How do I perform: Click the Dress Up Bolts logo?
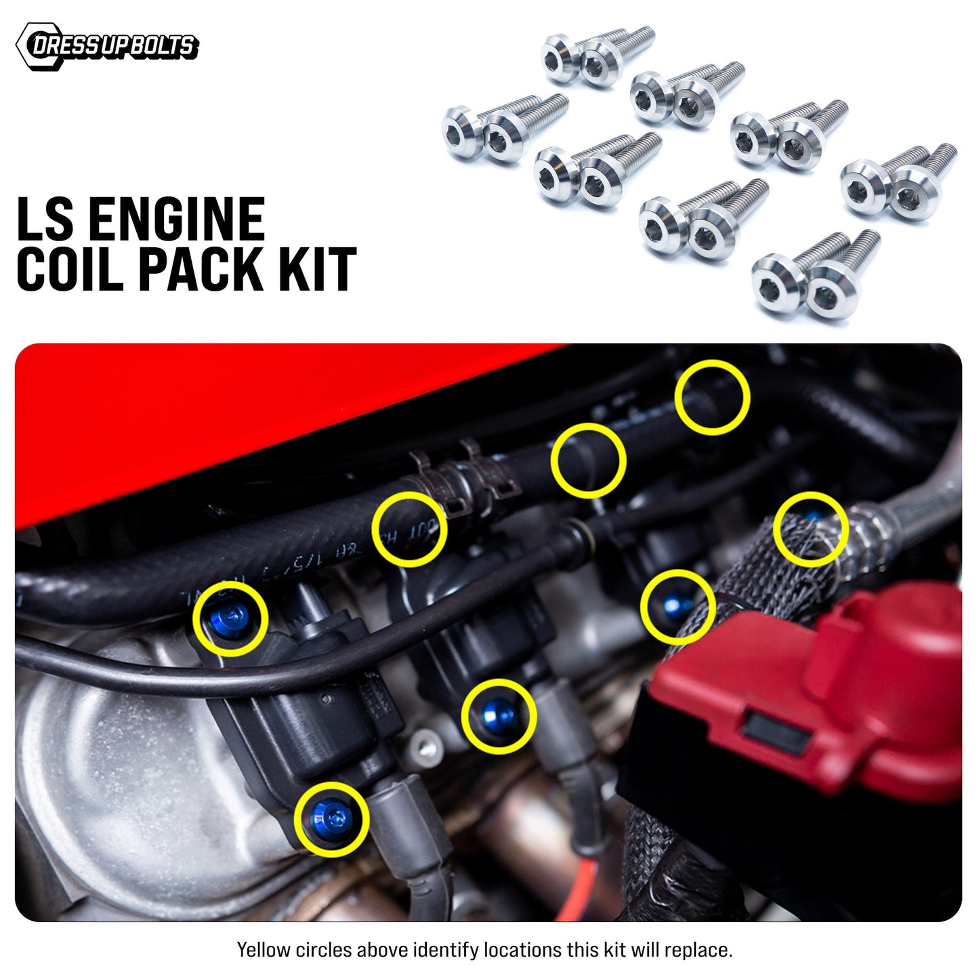[x=107, y=46]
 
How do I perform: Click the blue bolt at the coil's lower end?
[x=331, y=818]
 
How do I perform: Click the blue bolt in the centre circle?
[x=499, y=715]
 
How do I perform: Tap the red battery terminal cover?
[x=813, y=698]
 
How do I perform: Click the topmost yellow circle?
[x=712, y=396]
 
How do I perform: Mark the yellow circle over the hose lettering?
[x=409, y=529]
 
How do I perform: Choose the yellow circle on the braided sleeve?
[x=810, y=530]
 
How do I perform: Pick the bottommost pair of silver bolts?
[x=813, y=278]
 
